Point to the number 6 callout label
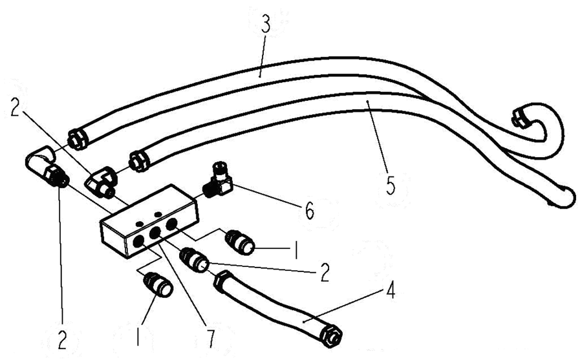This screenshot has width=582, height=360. [x=309, y=210]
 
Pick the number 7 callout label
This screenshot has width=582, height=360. [x=210, y=339]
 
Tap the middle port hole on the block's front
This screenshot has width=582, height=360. [x=155, y=233]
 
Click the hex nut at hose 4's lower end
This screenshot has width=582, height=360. [x=332, y=336]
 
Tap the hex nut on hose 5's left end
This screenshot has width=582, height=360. [x=138, y=162]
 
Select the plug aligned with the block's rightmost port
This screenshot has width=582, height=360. [x=240, y=242]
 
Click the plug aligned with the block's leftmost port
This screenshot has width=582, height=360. [x=158, y=284]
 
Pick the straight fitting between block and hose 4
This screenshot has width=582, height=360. [x=195, y=259]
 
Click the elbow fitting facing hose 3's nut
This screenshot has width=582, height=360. [x=46, y=166]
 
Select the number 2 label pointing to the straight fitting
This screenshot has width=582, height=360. [x=325, y=273]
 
